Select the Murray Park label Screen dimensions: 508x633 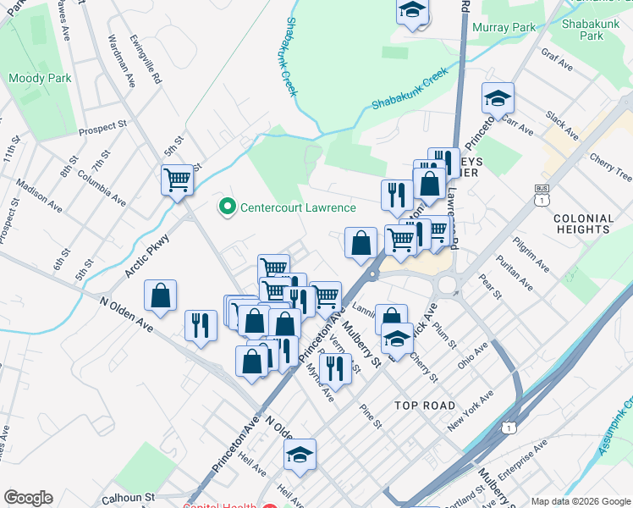(x=505, y=28)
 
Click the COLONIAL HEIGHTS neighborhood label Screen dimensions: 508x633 (x=582, y=224)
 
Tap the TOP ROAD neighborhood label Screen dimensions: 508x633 (x=425, y=406)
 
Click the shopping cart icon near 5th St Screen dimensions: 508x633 (x=177, y=179)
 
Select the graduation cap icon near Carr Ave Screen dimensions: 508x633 (x=498, y=98)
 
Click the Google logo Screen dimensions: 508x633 (x=28, y=498)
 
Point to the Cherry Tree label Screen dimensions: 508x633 (x=611, y=168)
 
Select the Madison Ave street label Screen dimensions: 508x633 (x=39, y=199)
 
